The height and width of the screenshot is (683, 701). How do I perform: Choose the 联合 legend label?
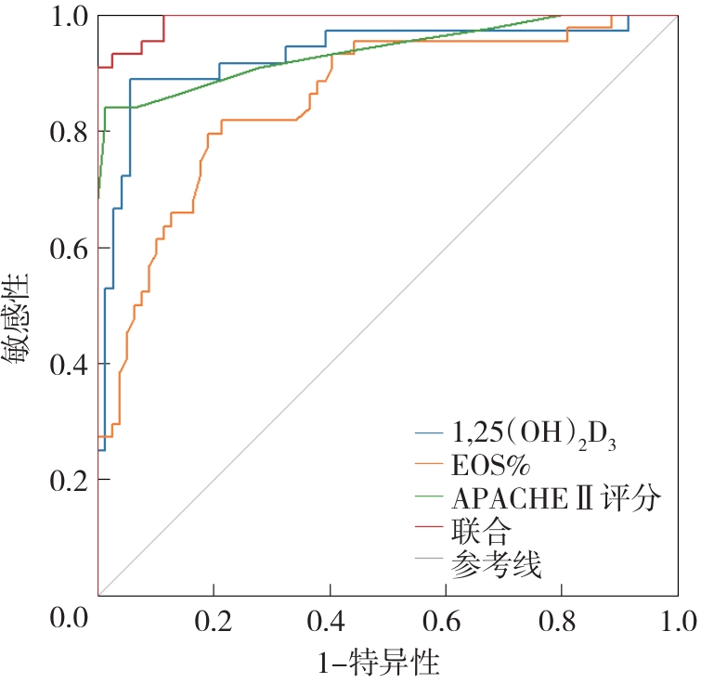pyautogui.click(x=480, y=530)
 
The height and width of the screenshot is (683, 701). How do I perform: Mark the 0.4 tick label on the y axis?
pyautogui.click(x=68, y=365)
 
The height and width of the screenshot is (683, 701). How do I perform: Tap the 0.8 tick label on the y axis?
pyautogui.click(x=68, y=133)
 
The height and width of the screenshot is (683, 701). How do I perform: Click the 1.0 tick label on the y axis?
pyautogui.click(x=68, y=17)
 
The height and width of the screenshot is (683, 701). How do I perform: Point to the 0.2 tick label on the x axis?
pyautogui.click(x=214, y=619)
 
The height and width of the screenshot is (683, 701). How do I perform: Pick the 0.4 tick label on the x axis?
pyautogui.click(x=330, y=619)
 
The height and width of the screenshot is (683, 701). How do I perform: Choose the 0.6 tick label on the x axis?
pyautogui.click(x=446, y=619)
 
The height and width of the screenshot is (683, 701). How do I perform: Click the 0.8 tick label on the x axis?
pyautogui.click(x=562, y=619)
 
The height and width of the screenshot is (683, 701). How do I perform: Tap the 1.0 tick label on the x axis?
pyautogui.click(x=676, y=619)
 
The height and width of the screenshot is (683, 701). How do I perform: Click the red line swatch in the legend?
pyautogui.click(x=429, y=531)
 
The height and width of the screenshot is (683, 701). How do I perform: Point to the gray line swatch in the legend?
pyautogui.click(x=429, y=562)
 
